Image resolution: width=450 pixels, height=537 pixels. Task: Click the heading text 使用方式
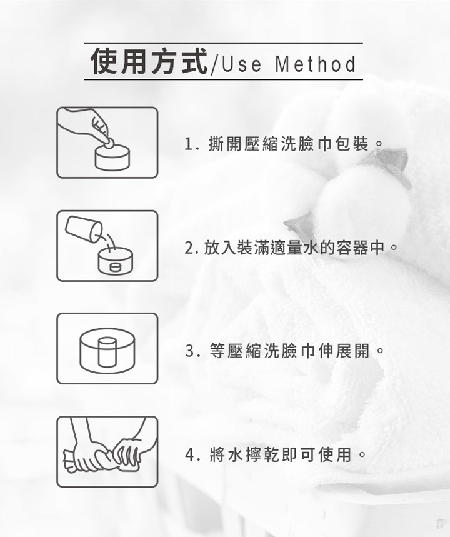pos(149,62)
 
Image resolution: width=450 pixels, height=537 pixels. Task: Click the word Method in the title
pos(316,64)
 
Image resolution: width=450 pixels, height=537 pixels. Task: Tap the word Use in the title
pos(241,64)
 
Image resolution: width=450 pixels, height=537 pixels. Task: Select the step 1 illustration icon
pos(107,143)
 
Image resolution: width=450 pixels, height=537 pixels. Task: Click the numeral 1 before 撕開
pos(188,144)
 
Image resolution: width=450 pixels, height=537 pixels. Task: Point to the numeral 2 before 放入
pos(189,248)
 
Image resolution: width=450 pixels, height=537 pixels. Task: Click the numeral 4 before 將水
pos(189,455)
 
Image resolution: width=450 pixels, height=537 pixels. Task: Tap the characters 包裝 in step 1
pos(352,144)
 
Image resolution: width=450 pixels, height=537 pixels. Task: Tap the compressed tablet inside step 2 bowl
pos(116,267)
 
